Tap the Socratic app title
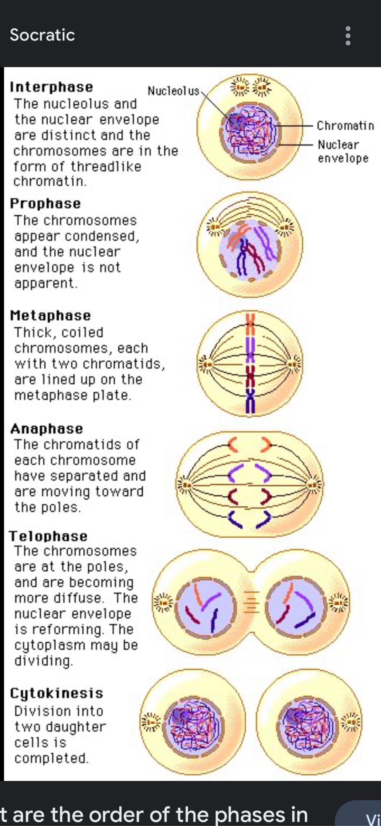tap(42, 35)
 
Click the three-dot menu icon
tap(348, 35)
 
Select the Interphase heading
tap(52, 87)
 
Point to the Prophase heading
tap(45, 203)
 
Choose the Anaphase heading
tap(47, 429)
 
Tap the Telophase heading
tap(48, 536)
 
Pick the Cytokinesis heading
tap(56, 693)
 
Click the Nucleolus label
tap(173, 91)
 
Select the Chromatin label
tap(345, 126)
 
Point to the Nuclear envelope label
tap(342, 151)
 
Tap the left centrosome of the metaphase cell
tap(207, 364)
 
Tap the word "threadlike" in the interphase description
tap(106, 166)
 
